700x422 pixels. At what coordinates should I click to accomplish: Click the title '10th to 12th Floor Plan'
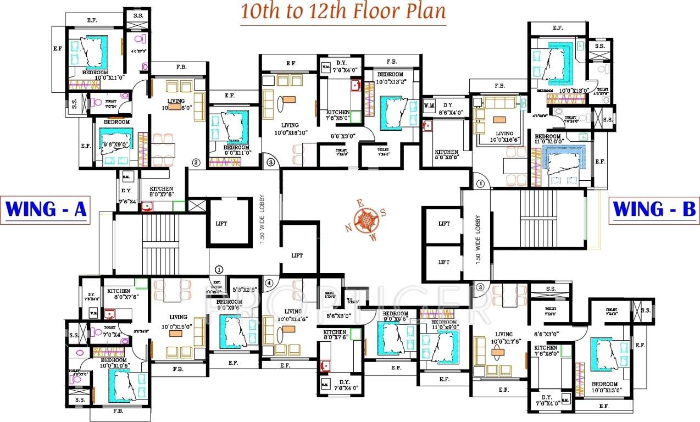pyautogui.click(x=342, y=12)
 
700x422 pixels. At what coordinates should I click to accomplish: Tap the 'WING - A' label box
pyautogui.click(x=46, y=210)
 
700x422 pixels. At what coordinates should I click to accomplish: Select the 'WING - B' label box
pyautogui.click(x=654, y=210)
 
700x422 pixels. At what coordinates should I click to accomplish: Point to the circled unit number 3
pyautogui.click(x=270, y=162)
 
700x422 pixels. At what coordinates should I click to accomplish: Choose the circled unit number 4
pyautogui.click(x=269, y=283)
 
